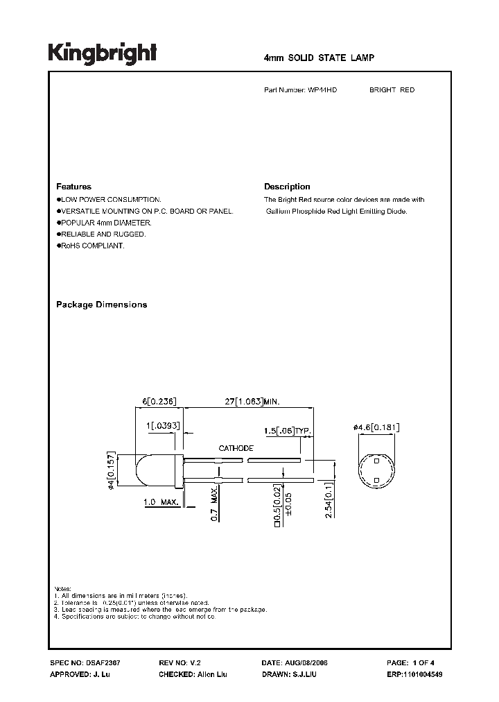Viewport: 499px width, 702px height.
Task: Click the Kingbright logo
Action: coord(102,53)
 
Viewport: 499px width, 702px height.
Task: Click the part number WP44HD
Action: coord(323,90)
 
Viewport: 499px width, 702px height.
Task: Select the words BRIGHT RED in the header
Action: coord(392,90)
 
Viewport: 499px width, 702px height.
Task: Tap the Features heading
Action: coord(73,187)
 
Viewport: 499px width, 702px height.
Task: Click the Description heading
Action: coord(287,187)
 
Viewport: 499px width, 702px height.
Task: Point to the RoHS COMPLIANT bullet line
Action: coord(91,246)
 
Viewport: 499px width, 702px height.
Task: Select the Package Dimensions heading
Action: coord(101,305)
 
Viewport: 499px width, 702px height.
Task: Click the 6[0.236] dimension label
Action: coord(160,401)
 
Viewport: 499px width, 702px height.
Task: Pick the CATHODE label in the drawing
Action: coord(236,448)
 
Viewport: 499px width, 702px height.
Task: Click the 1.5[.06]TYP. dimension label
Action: coord(288,431)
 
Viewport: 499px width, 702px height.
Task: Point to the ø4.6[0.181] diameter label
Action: coord(377,427)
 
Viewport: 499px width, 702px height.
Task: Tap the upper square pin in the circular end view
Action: coord(376,461)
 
